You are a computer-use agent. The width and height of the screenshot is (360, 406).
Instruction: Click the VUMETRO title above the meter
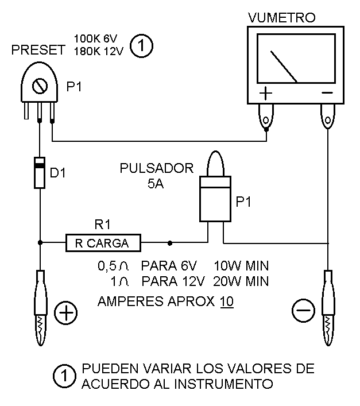click(282, 18)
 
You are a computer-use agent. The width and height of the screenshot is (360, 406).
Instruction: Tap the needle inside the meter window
click(284, 67)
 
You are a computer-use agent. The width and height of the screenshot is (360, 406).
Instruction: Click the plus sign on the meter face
click(266, 93)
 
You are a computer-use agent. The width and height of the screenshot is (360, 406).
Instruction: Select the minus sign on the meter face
click(327, 92)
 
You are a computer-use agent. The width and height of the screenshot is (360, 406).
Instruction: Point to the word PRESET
click(38, 50)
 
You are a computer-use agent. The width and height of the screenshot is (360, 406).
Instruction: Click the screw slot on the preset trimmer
click(40, 86)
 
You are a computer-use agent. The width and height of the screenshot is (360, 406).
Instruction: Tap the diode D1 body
click(40, 172)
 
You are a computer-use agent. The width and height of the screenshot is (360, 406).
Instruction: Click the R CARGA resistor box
click(103, 243)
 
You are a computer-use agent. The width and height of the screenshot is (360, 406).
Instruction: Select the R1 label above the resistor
click(102, 224)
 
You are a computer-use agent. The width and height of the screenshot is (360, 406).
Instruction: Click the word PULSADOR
click(157, 168)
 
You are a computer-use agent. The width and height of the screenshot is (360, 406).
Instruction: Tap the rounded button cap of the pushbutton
click(215, 164)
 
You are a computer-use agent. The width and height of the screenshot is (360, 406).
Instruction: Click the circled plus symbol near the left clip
click(65, 313)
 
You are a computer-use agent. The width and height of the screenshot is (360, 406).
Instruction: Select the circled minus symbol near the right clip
click(303, 311)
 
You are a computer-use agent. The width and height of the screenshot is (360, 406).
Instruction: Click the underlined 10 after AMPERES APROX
click(227, 301)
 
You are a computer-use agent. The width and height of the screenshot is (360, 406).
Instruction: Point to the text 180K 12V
click(99, 52)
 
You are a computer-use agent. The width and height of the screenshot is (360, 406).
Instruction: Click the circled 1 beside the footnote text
click(64, 376)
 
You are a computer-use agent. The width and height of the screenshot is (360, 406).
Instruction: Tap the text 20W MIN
click(241, 281)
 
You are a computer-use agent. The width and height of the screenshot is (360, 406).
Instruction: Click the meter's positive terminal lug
click(266, 118)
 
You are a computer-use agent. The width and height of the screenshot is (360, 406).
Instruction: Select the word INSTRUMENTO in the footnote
click(223, 384)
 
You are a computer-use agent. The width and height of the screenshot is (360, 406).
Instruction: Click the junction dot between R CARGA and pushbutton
click(170, 243)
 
